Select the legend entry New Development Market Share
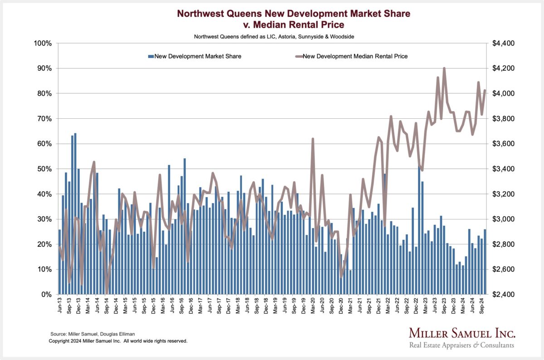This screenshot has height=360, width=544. coord(197,57)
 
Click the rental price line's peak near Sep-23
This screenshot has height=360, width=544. coord(444,68)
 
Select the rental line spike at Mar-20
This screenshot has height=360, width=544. coord(313,139)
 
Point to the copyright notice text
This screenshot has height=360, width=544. coord(118,341)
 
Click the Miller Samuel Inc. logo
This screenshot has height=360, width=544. coord(462,338)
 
